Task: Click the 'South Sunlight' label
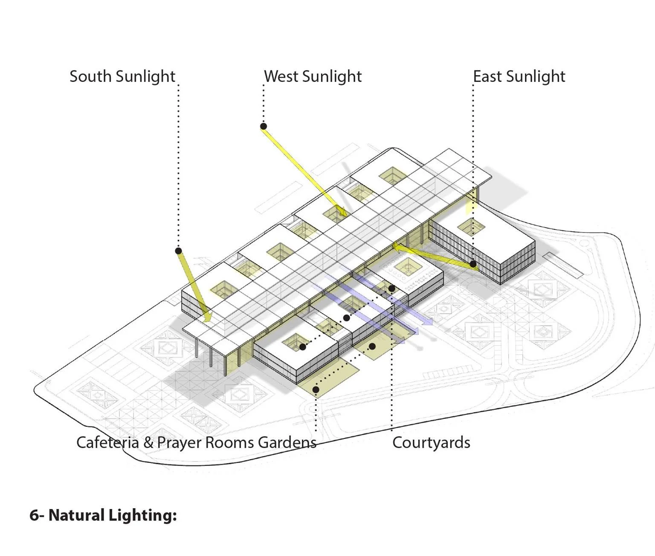coord(122,77)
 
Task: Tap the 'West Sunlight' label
coord(313,77)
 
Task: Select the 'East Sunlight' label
coord(519,77)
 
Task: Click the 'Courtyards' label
coord(431,442)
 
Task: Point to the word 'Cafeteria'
coord(107,442)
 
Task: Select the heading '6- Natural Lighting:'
coord(103,515)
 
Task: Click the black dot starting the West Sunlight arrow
coord(264,126)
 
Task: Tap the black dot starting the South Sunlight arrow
coord(179,251)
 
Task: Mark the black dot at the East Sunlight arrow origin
coord(473,265)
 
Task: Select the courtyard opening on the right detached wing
coord(471,227)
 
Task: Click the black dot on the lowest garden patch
coord(316,390)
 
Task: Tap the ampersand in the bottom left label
coord(148,442)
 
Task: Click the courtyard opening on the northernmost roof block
coord(392,175)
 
